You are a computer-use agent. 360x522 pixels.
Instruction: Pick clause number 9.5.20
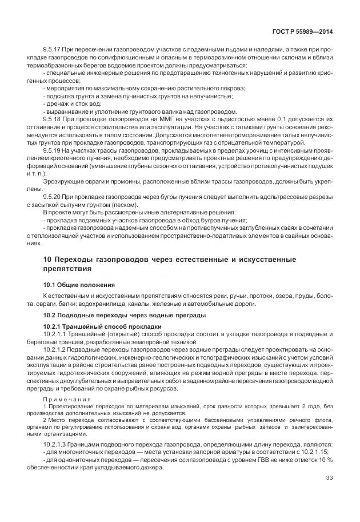tap(53, 196)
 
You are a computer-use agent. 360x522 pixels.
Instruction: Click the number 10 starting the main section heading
tap(48, 260)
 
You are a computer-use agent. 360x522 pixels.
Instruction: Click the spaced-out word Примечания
tap(65, 399)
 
